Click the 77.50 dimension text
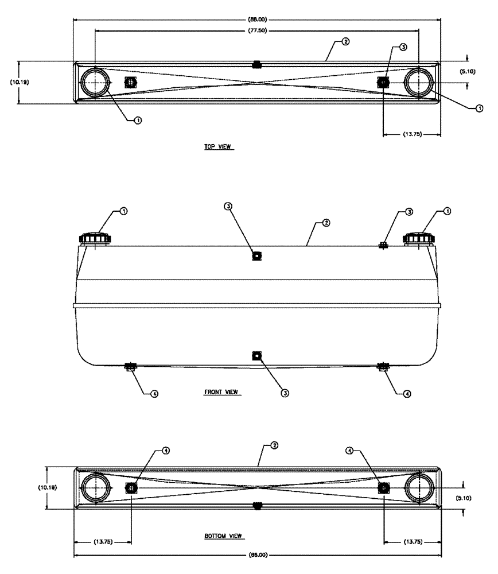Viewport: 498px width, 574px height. click(256, 30)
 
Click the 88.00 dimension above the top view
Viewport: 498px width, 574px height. click(256, 20)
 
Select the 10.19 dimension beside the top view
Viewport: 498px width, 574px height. click(20, 82)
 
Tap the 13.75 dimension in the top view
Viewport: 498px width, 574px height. click(412, 134)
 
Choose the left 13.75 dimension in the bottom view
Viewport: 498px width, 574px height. click(103, 541)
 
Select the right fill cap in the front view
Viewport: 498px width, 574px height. click(420, 238)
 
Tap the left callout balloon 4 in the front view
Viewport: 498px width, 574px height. click(154, 394)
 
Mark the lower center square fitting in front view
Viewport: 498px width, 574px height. click(256, 356)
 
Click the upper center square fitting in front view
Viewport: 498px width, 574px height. click(256, 255)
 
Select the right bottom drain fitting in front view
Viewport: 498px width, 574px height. click(383, 366)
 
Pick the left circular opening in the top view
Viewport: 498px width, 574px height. click(94, 83)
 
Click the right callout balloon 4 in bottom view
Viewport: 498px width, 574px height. click(351, 451)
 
